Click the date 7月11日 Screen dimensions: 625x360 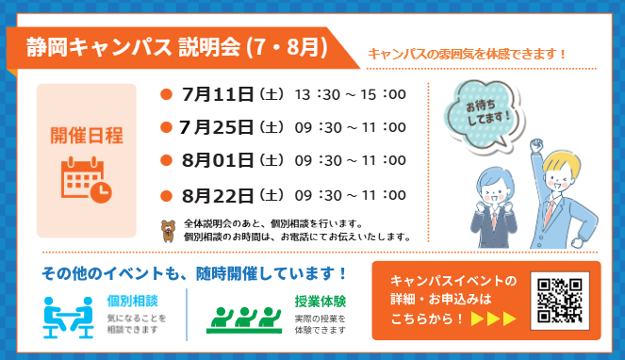coord(218,94)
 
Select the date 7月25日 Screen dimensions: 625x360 coord(216,127)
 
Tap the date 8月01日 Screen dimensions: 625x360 coord(218,160)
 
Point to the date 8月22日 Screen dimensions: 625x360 coord(218,195)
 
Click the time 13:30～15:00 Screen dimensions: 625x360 coord(351,94)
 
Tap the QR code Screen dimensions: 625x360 coord(560,301)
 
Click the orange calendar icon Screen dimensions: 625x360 coord(86,180)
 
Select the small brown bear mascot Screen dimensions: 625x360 coord(168,231)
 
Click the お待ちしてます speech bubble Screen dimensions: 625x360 coord(484,115)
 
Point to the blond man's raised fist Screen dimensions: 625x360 coord(536,144)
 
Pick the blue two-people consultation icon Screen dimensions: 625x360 coord(68,318)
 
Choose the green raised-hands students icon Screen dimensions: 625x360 coord(244,320)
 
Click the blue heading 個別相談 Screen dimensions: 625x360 coord(132,301)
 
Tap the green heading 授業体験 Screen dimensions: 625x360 coord(321,302)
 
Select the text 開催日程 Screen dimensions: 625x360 coord(87,136)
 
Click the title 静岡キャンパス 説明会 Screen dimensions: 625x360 coord(134,47)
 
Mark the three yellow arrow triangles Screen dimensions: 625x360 coord(493,319)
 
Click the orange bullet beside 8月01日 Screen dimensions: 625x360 coord(166,160)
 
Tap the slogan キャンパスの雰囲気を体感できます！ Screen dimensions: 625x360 coord(467,54)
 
